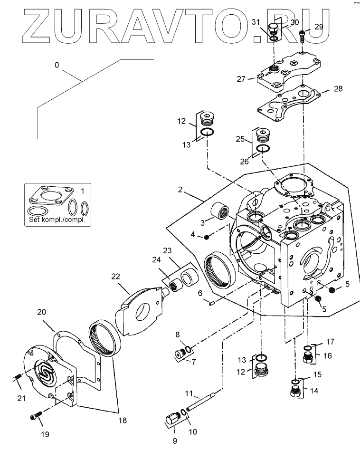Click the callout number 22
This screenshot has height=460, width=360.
(116, 277)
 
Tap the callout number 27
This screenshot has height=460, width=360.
(241, 79)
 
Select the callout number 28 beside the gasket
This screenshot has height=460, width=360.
(338, 88)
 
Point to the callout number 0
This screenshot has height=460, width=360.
(57, 65)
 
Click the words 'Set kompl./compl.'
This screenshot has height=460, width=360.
(57, 220)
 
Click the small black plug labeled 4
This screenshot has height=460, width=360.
(207, 237)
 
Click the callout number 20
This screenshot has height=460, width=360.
(42, 312)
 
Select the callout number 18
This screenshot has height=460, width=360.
(123, 420)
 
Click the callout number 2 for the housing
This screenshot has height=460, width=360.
(180, 190)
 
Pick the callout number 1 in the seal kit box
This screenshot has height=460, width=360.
(82, 192)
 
